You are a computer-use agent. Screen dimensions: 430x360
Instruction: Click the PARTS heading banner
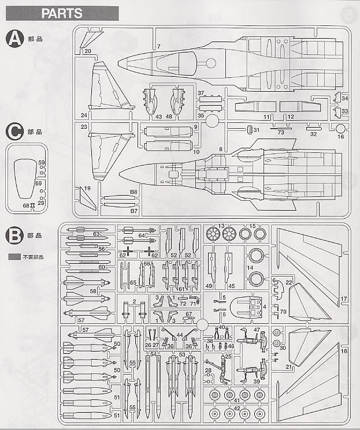click(62, 13)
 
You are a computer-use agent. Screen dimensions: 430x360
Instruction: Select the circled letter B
click(14, 235)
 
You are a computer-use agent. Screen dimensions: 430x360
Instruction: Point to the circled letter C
click(14, 132)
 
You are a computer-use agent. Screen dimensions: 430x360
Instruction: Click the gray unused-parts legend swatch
click(14, 256)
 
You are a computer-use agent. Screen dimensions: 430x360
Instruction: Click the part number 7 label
click(158, 46)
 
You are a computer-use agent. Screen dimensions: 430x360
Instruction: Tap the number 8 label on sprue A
click(220, 150)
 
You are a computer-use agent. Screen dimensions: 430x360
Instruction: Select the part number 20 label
click(87, 51)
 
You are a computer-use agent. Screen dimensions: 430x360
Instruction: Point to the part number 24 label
click(84, 115)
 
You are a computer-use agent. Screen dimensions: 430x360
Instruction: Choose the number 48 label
click(169, 117)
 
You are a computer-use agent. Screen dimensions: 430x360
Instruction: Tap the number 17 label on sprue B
click(343, 298)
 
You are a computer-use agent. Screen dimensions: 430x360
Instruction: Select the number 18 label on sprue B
click(343, 351)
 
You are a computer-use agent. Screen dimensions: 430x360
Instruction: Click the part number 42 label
click(237, 407)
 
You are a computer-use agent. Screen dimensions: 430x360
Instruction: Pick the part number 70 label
click(283, 312)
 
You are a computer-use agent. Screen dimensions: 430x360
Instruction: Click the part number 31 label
click(256, 130)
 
